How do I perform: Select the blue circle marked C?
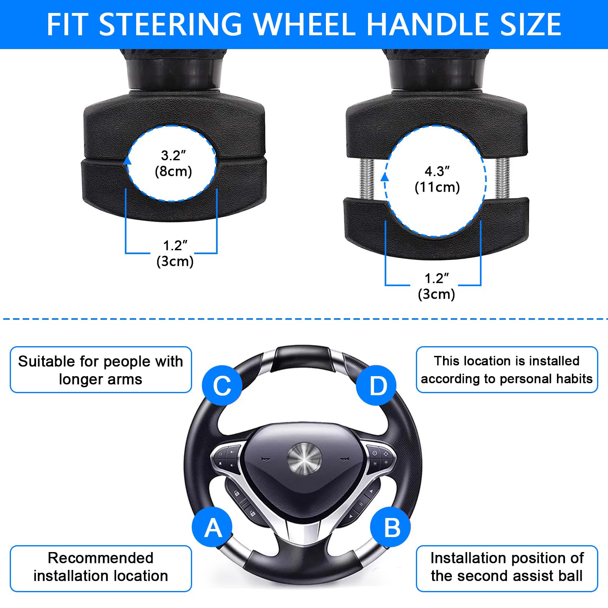222,385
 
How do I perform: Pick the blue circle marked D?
377,385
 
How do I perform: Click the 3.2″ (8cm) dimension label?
173,163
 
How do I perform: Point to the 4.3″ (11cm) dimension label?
437,179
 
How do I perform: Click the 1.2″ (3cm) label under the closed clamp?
175,253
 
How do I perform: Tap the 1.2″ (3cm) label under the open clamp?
437,286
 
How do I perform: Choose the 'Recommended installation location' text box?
101,568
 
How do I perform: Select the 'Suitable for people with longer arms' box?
101,370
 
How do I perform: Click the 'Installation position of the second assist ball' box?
507,568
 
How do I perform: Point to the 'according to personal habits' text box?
507,370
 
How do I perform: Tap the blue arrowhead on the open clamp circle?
385,177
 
